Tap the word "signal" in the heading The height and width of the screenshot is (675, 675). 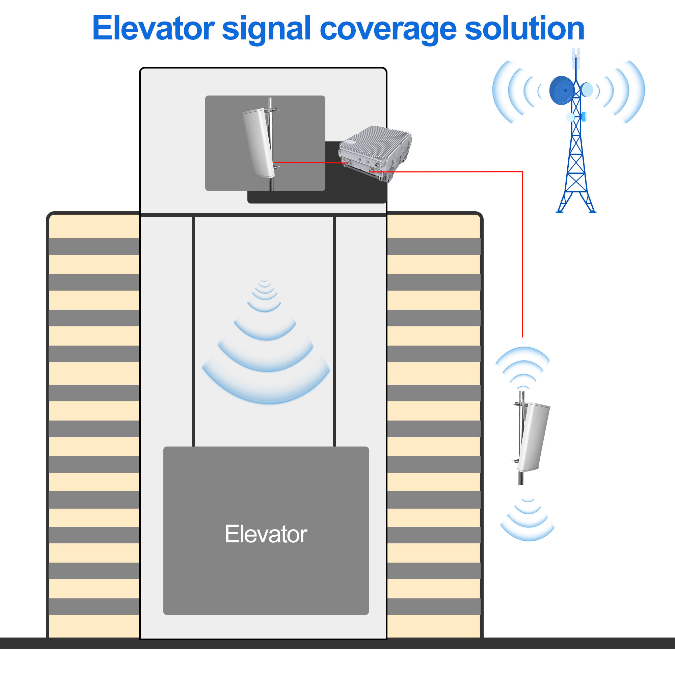pyautogui.click(x=266, y=30)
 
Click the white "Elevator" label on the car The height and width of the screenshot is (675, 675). pyautogui.click(x=266, y=534)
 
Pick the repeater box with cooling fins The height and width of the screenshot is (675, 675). pyautogui.click(x=375, y=154)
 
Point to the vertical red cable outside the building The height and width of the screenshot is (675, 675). pyautogui.click(x=522, y=254)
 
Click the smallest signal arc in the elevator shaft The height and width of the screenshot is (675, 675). pyautogui.click(x=265, y=280)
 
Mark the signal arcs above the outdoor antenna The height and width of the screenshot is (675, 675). pyautogui.click(x=523, y=368)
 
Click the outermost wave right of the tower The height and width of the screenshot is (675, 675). pyautogui.click(x=634, y=92)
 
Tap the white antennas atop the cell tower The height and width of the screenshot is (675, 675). pyautogui.click(x=576, y=59)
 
